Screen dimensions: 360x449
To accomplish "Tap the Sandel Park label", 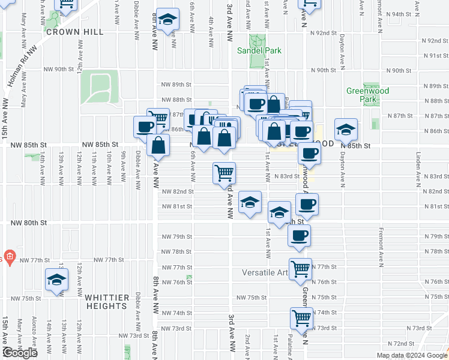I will point(259,51).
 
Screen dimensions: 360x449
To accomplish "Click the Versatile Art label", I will point(265,272).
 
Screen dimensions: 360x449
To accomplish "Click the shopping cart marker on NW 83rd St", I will point(224,173).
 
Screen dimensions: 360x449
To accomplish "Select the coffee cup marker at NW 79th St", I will point(300,235).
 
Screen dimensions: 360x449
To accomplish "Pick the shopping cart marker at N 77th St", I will point(300,268).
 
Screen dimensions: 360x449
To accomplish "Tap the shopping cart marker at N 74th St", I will point(301,317).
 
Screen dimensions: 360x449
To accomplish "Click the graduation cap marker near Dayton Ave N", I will point(346,128).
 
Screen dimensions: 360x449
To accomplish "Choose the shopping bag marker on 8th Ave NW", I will point(158,145).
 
